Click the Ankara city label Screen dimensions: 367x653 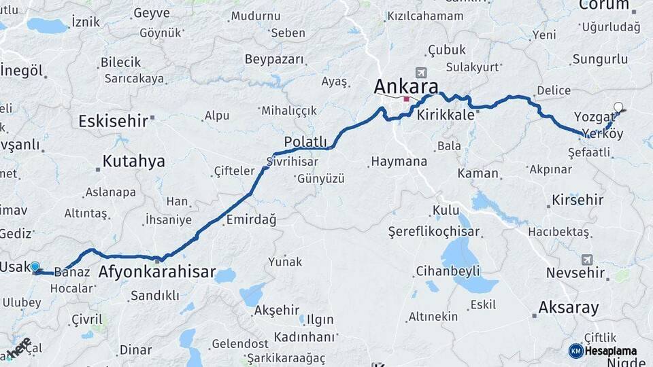click(405, 87)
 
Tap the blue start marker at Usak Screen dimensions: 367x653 click(35, 268)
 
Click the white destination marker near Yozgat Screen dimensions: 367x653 click(618, 107)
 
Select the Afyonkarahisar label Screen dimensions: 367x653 click(157, 273)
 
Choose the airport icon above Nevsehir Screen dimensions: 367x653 click(586, 260)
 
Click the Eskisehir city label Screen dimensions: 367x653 click(113, 122)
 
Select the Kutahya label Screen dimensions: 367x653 click(134, 161)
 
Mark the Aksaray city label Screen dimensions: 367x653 click(569, 307)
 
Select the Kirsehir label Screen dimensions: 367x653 click(578, 200)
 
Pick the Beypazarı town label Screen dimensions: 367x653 click(274, 59)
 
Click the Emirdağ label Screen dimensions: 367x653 click(251, 220)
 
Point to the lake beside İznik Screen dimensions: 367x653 click(48, 26)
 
